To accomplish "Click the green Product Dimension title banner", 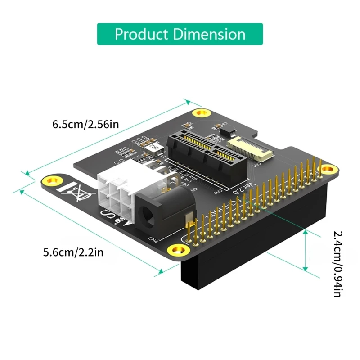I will pyautogui.click(x=180, y=34).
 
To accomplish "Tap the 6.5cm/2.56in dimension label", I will pyautogui.click(x=85, y=124).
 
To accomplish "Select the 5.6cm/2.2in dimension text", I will pyautogui.click(x=73, y=252).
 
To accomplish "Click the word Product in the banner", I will pyautogui.click(x=141, y=34).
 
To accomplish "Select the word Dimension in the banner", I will pyautogui.click(x=207, y=34).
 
